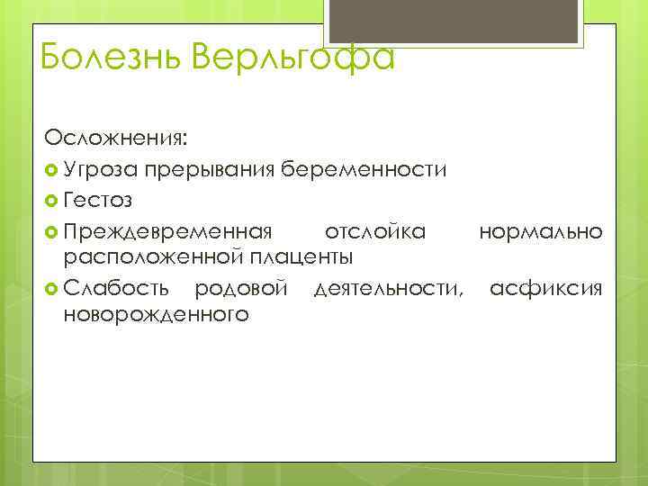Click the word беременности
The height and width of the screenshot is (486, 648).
365,169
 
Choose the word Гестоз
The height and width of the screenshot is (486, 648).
98,201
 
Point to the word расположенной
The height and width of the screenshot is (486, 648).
146,257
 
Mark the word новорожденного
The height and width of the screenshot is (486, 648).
156,315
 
